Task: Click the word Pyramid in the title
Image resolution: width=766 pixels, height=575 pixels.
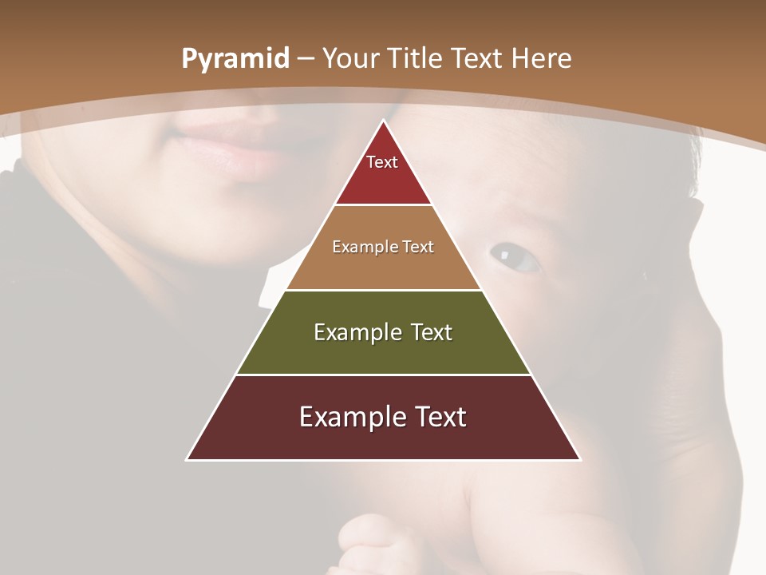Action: (235, 59)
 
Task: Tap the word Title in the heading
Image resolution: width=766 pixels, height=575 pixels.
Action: (415, 59)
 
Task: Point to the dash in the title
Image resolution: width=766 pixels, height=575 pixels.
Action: (306, 59)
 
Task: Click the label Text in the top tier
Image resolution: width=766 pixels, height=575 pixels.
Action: (382, 162)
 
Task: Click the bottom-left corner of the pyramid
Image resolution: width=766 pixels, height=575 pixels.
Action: (188, 459)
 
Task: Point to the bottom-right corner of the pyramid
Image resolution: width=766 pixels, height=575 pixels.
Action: (580, 459)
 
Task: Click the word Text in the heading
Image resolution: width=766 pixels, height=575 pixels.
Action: (477, 59)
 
